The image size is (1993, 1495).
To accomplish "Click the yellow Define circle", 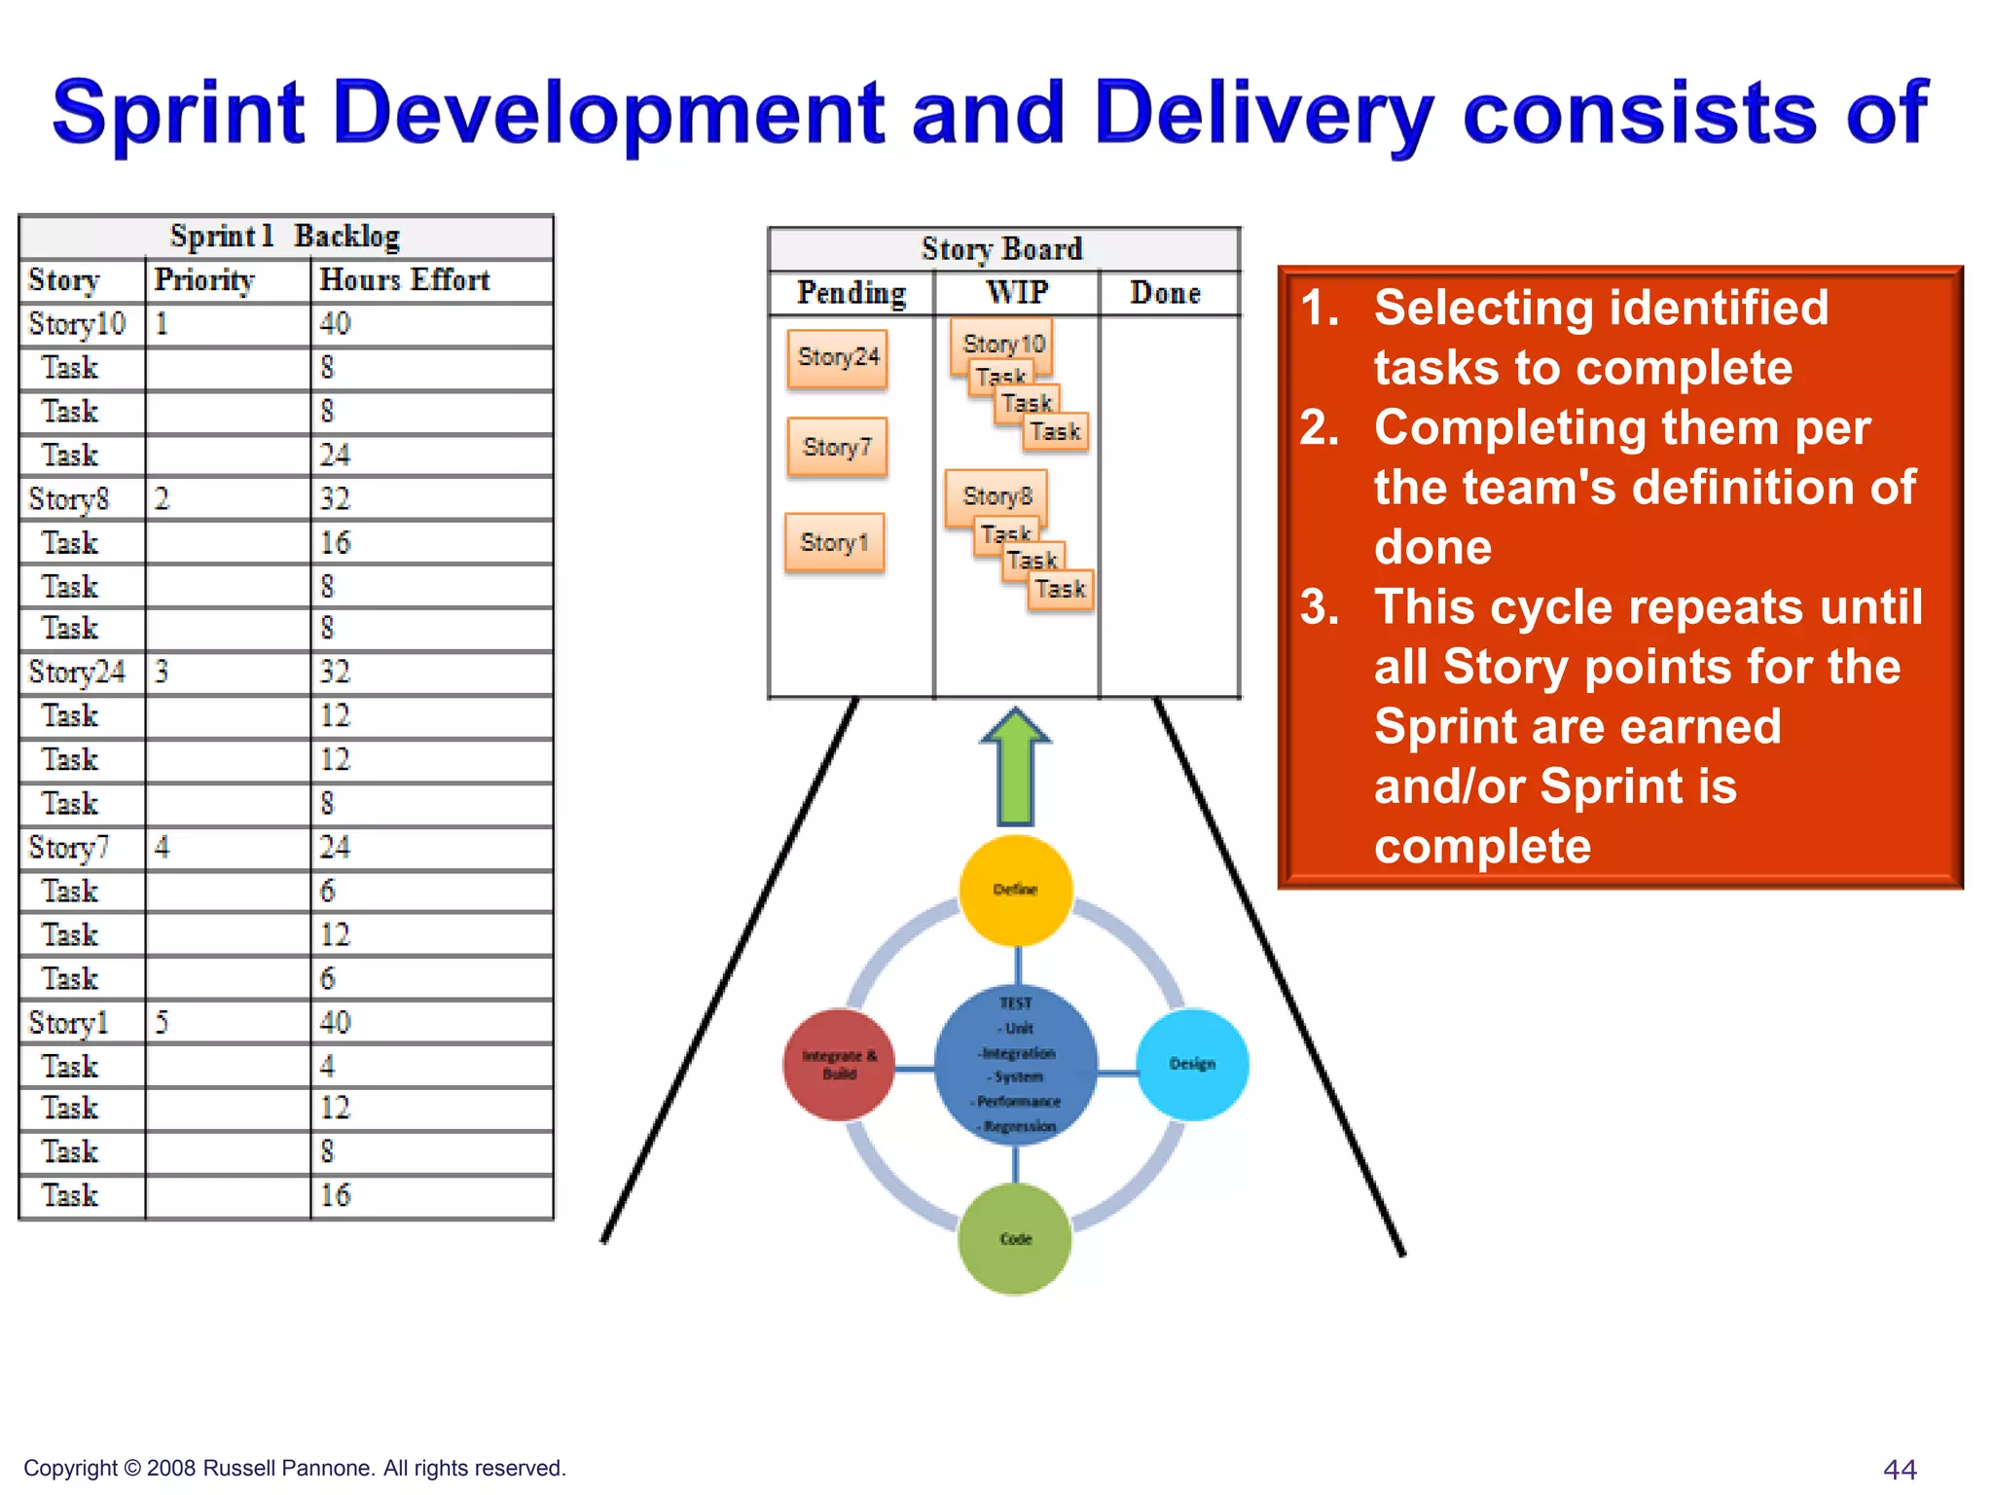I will pyautogui.click(x=1015, y=890).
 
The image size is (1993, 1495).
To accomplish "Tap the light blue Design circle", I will pyautogui.click(x=1192, y=1064).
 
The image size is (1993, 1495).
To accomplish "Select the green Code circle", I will pyautogui.click(x=1015, y=1238).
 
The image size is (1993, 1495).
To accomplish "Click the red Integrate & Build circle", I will pyautogui.click(x=839, y=1064).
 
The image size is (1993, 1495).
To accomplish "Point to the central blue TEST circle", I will pyautogui.click(x=1016, y=1065).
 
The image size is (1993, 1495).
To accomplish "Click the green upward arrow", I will pyautogui.click(x=1015, y=769).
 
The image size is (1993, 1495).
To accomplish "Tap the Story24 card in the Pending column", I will pyautogui.click(x=838, y=357).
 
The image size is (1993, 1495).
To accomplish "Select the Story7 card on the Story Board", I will pyautogui.click(x=837, y=447).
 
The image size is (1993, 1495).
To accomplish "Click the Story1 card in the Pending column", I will pyautogui.click(x=834, y=542).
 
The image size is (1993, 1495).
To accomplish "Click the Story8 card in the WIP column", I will pyautogui.click(x=996, y=495).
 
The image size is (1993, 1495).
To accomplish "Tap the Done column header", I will pyautogui.click(x=1165, y=293).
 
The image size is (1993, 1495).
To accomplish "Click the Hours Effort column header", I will pyautogui.click(x=405, y=280).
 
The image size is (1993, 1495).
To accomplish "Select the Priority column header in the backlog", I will pyautogui.click(x=204, y=280).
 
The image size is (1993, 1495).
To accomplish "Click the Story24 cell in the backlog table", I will pyautogui.click(x=77, y=672).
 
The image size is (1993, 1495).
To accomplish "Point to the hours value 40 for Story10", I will pyautogui.click(x=335, y=323).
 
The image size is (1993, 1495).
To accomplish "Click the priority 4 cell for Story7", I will pyautogui.click(x=162, y=847).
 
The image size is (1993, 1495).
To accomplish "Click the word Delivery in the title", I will pyautogui.click(x=1263, y=114).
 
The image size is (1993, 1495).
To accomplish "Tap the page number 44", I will pyautogui.click(x=1899, y=1469).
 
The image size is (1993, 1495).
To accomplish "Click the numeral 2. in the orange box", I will pyautogui.click(x=1320, y=428).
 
